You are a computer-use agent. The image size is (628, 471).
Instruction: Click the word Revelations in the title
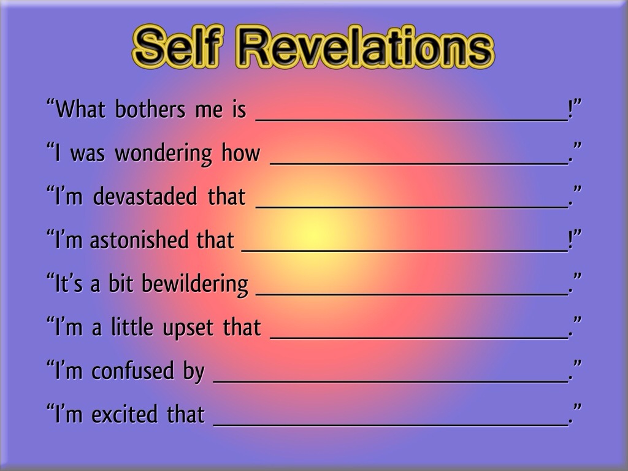click(366, 47)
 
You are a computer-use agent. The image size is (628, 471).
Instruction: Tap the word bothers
click(150, 109)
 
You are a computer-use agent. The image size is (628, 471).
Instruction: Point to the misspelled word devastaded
click(145, 196)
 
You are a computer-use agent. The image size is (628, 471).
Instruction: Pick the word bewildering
click(195, 284)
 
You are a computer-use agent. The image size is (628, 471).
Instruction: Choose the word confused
click(133, 370)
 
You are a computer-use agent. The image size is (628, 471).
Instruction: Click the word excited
click(124, 414)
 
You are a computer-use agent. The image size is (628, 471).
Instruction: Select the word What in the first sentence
click(80, 109)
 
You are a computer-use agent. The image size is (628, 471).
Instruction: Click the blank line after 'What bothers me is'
click(412, 120)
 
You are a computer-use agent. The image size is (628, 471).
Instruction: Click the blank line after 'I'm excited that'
click(391, 425)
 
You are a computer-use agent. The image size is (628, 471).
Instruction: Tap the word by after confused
click(194, 371)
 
